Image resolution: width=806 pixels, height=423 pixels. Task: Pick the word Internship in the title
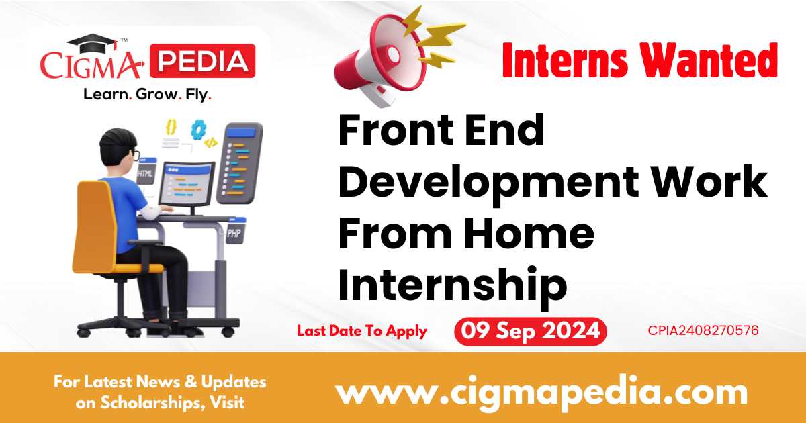(452, 284)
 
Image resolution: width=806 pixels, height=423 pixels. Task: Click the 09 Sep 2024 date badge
(530, 332)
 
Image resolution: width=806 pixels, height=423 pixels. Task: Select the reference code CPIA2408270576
(703, 330)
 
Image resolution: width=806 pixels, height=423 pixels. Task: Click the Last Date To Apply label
(362, 330)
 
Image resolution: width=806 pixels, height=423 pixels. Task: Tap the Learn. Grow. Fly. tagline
(147, 95)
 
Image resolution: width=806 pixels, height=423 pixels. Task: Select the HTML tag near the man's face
(145, 173)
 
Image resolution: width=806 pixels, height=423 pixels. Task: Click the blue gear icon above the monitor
(197, 129)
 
